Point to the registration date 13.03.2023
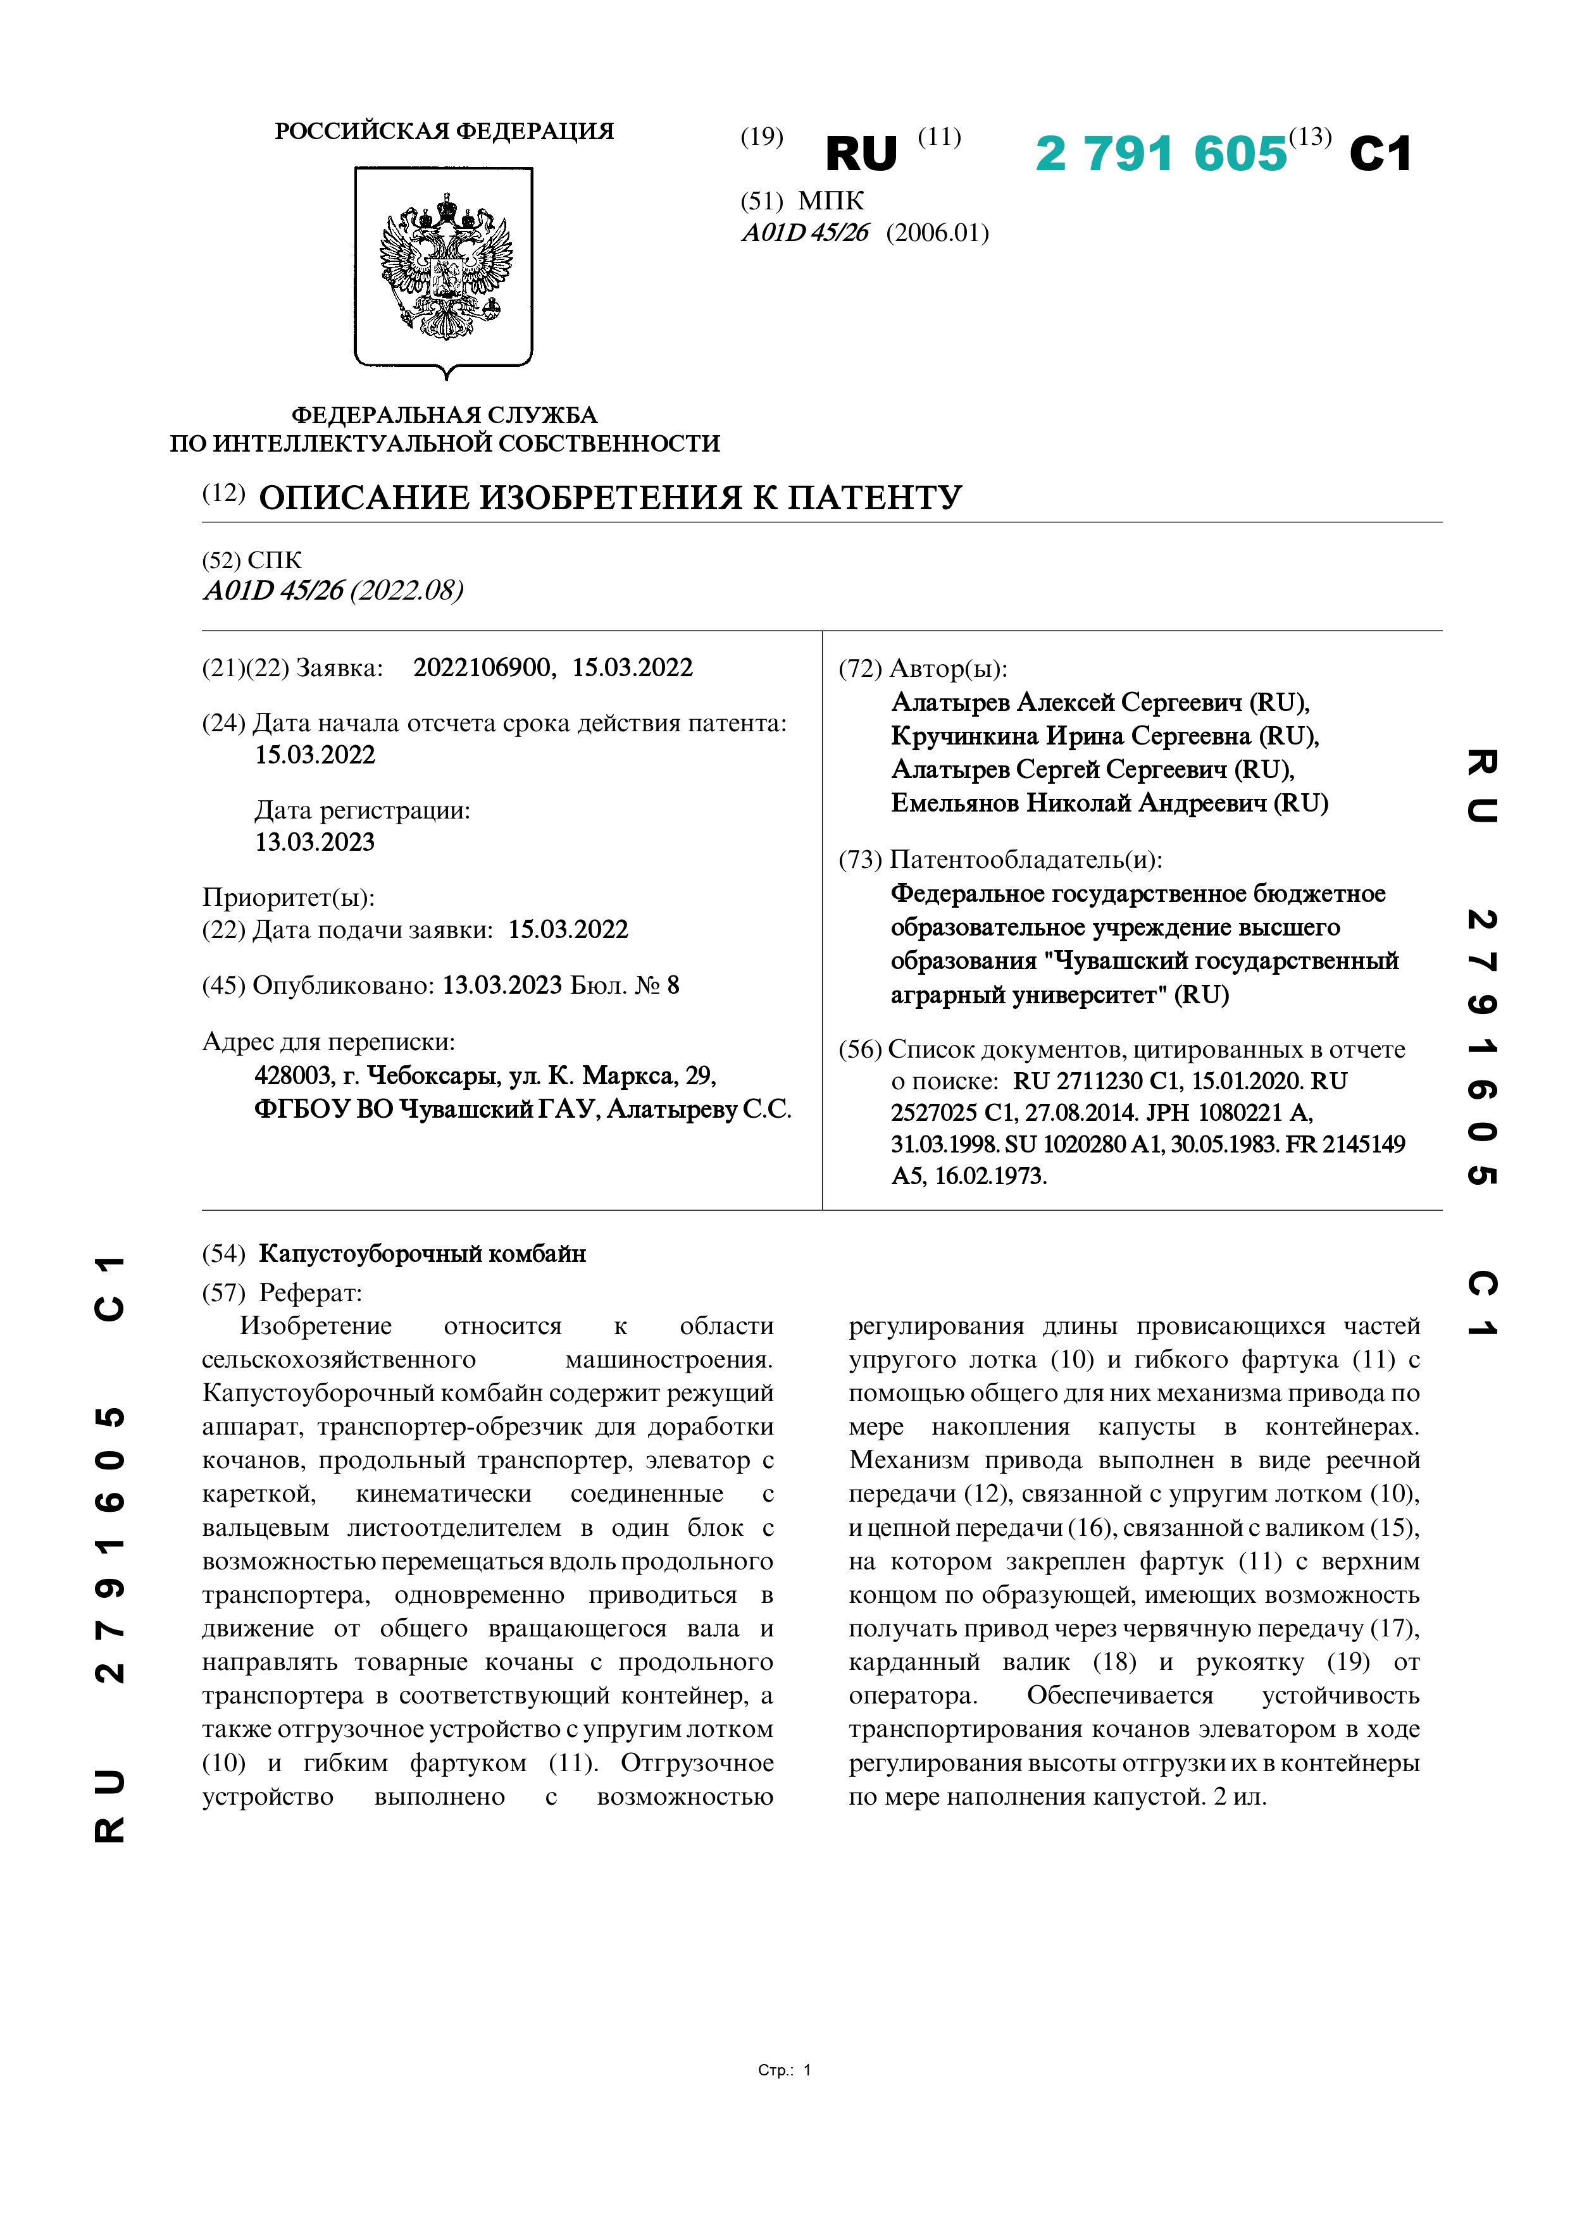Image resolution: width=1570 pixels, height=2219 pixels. coord(315,842)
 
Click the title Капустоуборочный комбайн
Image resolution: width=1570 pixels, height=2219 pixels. coord(423,1254)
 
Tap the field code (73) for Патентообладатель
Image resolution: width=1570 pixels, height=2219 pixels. coord(859,859)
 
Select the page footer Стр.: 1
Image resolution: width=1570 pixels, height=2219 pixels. coord(784,2070)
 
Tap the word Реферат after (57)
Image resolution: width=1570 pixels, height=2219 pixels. coord(310,1292)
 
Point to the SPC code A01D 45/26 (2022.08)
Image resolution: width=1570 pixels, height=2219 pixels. coord(333,591)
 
